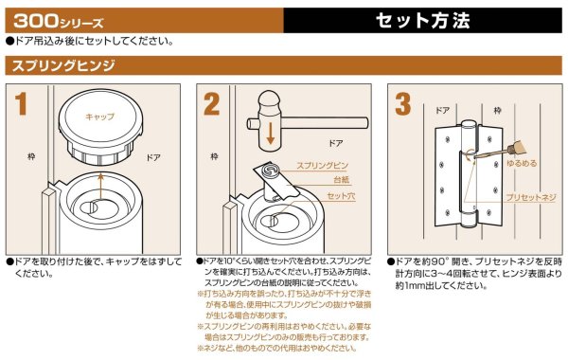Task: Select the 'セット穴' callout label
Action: point(340,195)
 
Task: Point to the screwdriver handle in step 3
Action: point(542,139)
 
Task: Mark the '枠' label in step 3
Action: point(496,111)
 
